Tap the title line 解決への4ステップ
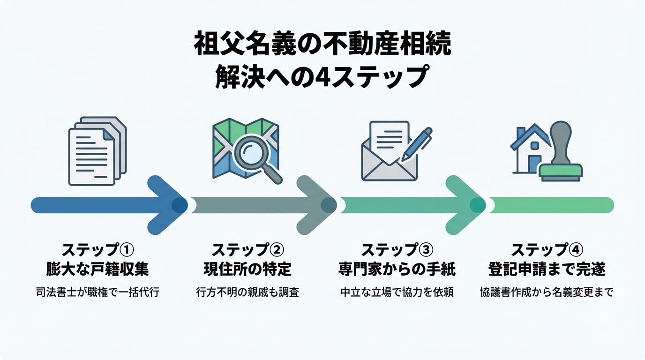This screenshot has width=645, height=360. (x=322, y=77)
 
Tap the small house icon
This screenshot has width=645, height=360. (x=529, y=150)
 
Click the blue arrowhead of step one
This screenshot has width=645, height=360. (x=166, y=205)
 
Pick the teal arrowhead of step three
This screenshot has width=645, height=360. (x=464, y=205)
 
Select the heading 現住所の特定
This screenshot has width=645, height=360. (x=247, y=269)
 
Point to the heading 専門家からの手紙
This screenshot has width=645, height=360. (x=397, y=269)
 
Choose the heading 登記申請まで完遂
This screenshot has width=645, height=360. (x=547, y=269)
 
